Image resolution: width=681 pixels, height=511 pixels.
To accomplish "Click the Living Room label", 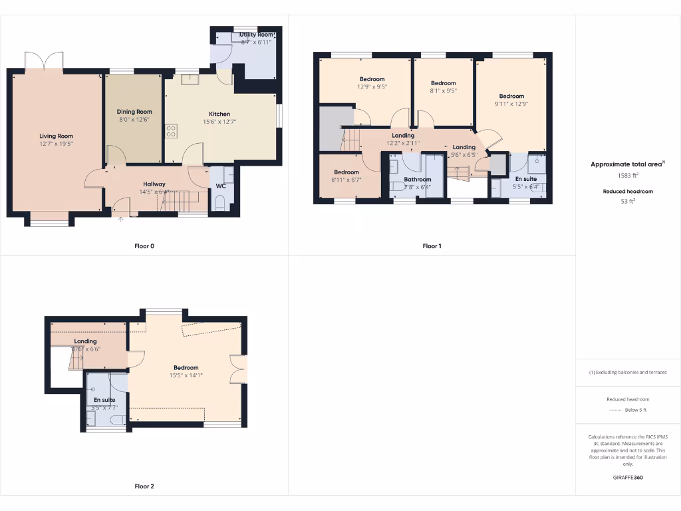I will [56, 136].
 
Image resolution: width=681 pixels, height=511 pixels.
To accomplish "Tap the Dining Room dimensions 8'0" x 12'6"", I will [134, 120].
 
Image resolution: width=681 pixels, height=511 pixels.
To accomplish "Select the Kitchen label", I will [219, 114].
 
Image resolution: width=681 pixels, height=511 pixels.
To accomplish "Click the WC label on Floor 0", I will [221, 186].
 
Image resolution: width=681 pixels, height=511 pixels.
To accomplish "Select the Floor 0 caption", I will [144, 246].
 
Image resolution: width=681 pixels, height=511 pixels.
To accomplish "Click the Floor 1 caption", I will [432, 246].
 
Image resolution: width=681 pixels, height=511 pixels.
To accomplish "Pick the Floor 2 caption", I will [144, 486].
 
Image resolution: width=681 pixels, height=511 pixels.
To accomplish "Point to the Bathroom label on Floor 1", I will [418, 179].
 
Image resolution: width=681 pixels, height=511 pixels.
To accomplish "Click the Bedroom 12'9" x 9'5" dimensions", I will [372, 86].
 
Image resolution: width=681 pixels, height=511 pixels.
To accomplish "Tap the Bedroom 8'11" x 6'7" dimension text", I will [346, 180].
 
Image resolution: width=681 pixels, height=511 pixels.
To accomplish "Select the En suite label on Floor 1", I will [526, 179].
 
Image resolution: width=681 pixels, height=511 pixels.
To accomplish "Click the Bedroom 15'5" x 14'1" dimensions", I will [186, 375].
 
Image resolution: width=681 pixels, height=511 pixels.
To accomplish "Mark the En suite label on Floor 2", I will [104, 400].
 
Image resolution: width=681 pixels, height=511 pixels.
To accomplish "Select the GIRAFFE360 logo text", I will [628, 477].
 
